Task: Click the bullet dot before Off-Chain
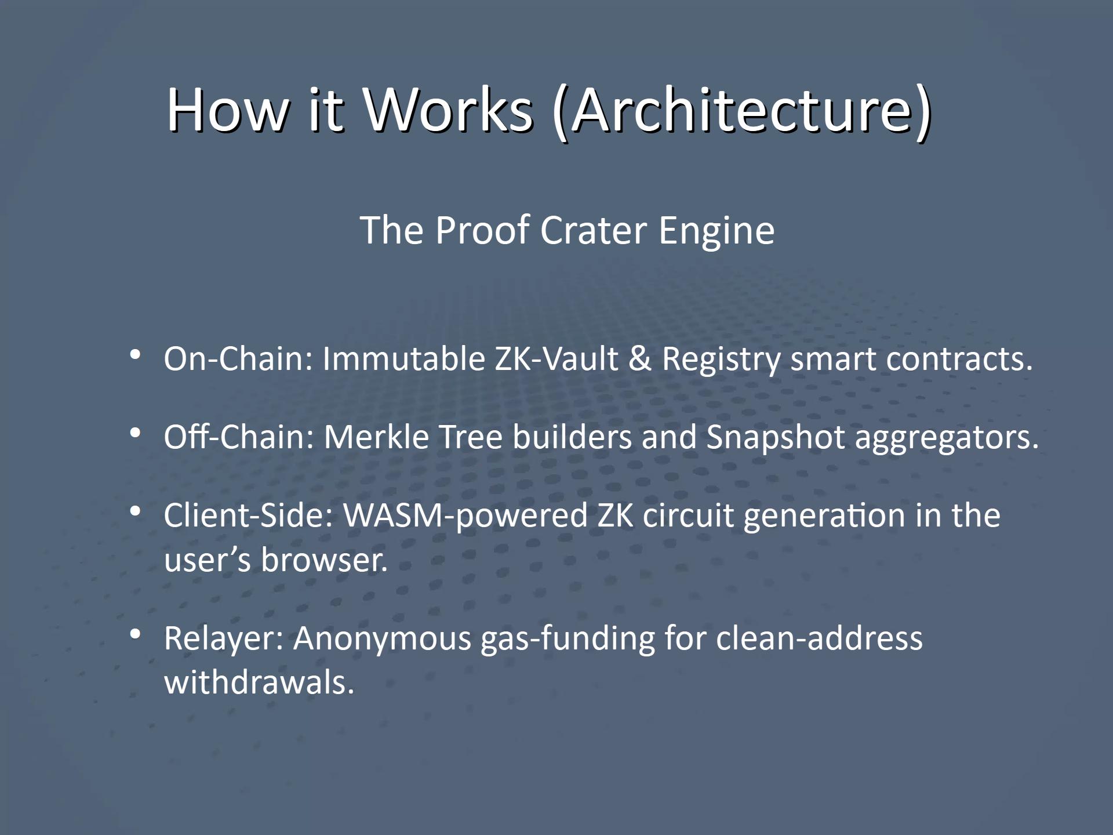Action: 135,433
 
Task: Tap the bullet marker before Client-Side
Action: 135,511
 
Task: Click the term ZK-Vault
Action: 556,358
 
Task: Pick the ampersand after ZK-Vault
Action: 640,358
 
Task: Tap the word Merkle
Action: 376,437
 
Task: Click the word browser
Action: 324,560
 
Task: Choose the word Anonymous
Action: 383,639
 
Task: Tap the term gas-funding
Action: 568,639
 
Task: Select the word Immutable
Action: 403,358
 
